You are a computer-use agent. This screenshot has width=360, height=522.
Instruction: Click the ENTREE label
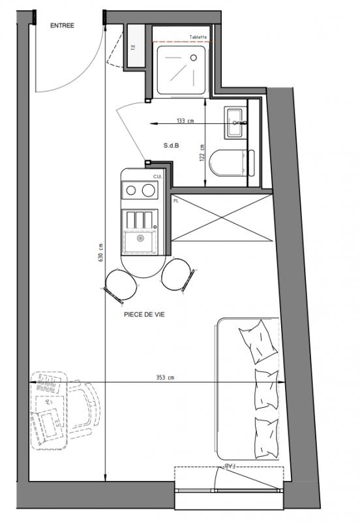tap(62, 25)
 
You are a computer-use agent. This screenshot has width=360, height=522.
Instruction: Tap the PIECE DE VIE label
tap(144, 315)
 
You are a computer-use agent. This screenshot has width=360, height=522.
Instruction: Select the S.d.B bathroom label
tap(172, 146)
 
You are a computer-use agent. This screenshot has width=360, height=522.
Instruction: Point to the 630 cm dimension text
tap(101, 253)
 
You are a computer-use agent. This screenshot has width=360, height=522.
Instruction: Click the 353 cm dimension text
tap(166, 378)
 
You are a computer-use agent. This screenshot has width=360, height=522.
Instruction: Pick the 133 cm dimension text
tap(185, 121)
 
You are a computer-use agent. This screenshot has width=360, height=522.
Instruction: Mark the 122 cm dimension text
tap(202, 153)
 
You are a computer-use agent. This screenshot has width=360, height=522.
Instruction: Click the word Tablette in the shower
tap(198, 37)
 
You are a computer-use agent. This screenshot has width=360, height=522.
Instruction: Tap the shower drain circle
tap(194, 57)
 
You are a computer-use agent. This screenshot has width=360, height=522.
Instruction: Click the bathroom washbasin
tap(235, 123)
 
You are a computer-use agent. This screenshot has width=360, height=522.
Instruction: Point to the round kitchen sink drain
tap(141, 238)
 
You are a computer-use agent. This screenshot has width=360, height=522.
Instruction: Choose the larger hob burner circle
tap(149, 191)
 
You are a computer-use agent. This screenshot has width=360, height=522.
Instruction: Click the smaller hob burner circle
tap(131, 191)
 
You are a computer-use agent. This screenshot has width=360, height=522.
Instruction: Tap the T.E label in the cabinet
tap(134, 48)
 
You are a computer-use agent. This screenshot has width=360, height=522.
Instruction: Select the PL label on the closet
tap(176, 201)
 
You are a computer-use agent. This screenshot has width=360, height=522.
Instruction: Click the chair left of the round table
tap(119, 285)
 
